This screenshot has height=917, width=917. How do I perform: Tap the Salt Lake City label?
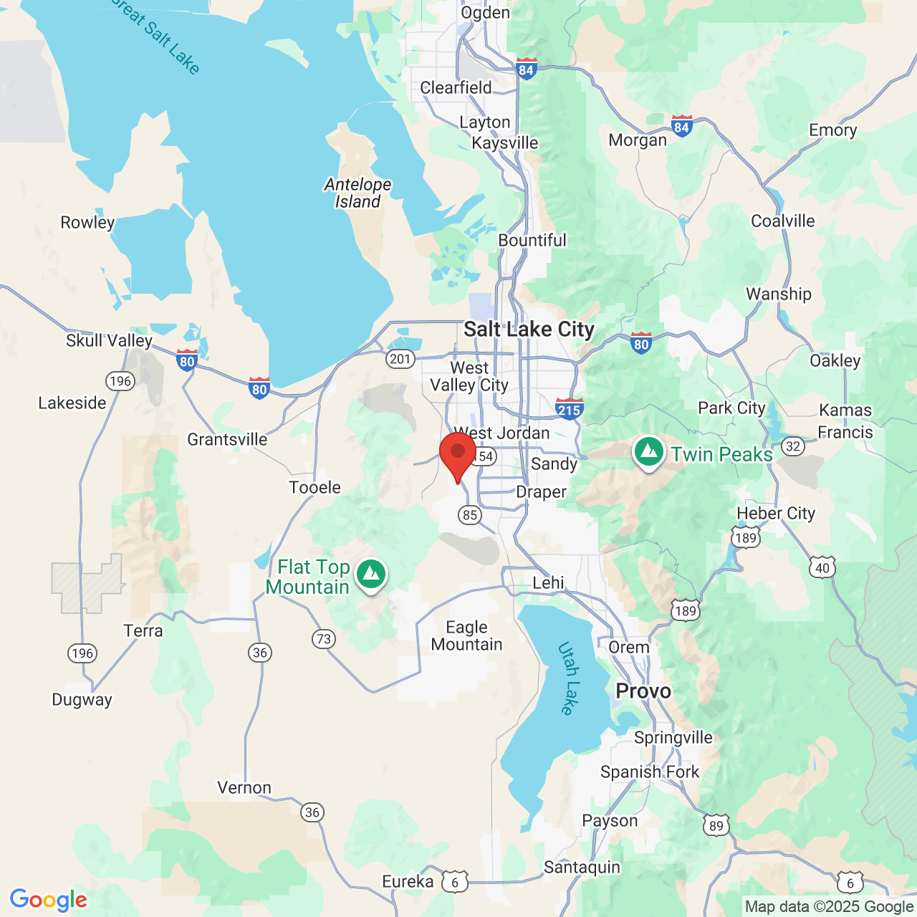(x=529, y=330)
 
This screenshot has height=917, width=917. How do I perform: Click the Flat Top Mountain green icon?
(x=370, y=575)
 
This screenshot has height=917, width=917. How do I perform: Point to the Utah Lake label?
(x=567, y=678)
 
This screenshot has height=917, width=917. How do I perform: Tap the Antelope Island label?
(x=357, y=193)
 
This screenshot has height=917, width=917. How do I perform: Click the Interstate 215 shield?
(x=569, y=409)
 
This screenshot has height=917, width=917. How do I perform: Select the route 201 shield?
(x=400, y=359)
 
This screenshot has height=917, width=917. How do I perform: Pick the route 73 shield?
(x=324, y=638)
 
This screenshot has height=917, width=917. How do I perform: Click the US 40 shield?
(x=822, y=568)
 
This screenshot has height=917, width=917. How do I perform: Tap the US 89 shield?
(x=716, y=825)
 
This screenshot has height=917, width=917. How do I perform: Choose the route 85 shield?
(x=470, y=514)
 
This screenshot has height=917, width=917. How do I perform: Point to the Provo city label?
(x=643, y=691)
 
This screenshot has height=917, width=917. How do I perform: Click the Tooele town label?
(x=315, y=488)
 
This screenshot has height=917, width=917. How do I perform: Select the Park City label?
(x=731, y=408)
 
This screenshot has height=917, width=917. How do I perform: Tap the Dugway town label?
(x=82, y=700)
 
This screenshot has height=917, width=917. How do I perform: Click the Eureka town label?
(x=408, y=882)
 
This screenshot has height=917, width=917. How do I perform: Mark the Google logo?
(x=49, y=900)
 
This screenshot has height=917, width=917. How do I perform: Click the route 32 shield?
(x=792, y=446)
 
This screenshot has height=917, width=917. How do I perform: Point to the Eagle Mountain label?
(x=466, y=636)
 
